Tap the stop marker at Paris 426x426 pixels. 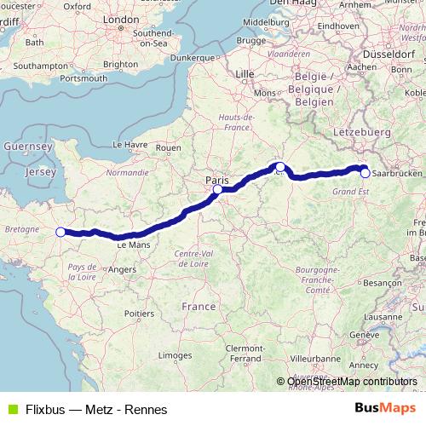pyautogui.click(x=218, y=190)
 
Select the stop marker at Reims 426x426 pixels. pyautogui.click(x=279, y=167)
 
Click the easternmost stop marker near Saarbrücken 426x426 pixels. pyautogui.click(x=366, y=173)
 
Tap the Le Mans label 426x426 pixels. pyautogui.click(x=133, y=245)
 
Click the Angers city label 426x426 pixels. pyautogui.click(x=123, y=270)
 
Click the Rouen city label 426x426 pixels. pyautogui.click(x=169, y=147)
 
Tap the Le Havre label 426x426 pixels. pyautogui.click(x=130, y=145)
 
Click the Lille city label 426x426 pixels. pyautogui.click(x=245, y=74)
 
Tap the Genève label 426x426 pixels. pyautogui.click(x=363, y=335)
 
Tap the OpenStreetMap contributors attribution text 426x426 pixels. pyautogui.click(x=352, y=382)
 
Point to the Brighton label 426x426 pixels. pyautogui.click(x=119, y=64)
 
